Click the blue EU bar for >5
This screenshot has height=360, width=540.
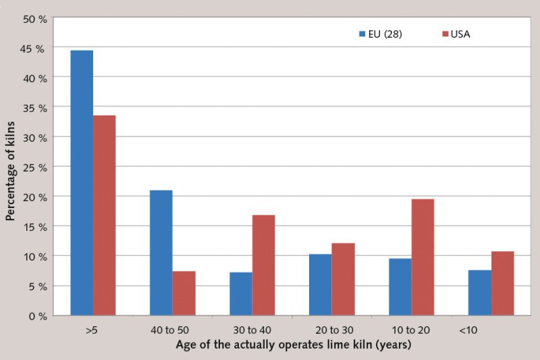tap(82, 182)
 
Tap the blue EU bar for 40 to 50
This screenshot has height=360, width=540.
tap(161, 253)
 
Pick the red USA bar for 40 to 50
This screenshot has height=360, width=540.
tap(184, 293)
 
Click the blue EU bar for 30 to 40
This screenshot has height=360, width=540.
tap(240, 294)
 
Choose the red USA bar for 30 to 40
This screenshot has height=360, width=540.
tap(263, 265)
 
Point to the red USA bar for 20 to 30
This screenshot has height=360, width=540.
tap(343, 279)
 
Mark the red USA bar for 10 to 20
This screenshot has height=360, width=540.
tap(423, 257)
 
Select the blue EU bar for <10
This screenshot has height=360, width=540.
tap(479, 292)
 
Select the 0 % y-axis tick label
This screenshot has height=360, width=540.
tap(35, 315)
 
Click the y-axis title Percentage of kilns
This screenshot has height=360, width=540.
tap(11, 168)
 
